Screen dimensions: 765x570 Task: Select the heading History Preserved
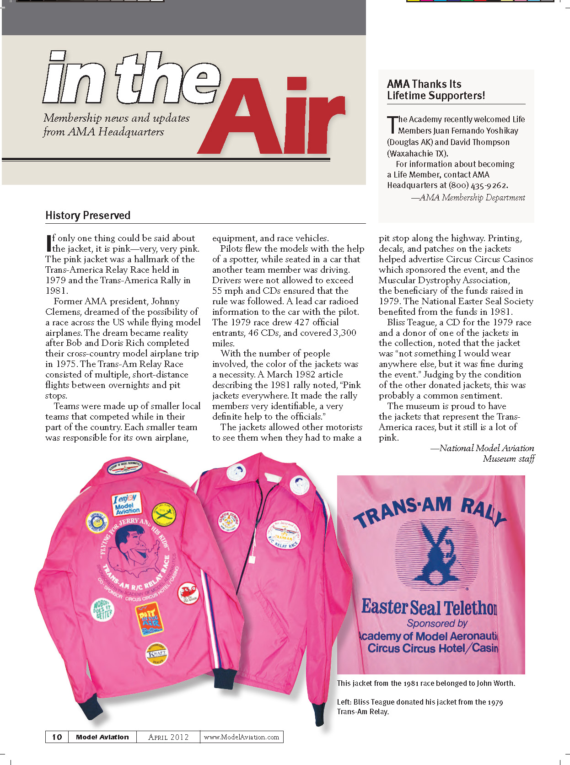click(x=88, y=215)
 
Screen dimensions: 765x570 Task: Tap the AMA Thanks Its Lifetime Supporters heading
click(x=436, y=90)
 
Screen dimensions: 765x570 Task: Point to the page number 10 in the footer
click(x=57, y=737)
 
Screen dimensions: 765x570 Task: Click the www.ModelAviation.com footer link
click(x=241, y=737)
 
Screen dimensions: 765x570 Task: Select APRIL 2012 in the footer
click(x=168, y=737)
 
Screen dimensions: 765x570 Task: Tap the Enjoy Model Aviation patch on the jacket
click(x=127, y=504)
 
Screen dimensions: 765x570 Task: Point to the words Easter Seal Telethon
click(x=429, y=607)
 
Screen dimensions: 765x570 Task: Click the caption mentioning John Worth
click(x=426, y=683)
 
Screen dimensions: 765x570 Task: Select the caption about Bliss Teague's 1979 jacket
click(x=419, y=706)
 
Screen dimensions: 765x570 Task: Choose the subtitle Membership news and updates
click(x=116, y=118)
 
